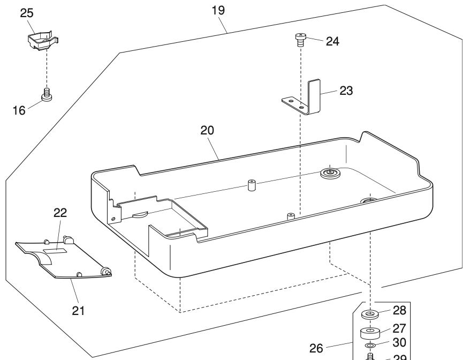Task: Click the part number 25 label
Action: pyautogui.click(x=27, y=13)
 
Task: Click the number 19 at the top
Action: pyautogui.click(x=218, y=10)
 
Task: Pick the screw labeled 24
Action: pyautogui.click(x=300, y=39)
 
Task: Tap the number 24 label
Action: pyautogui.click(x=332, y=41)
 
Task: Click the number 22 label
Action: pyautogui.click(x=60, y=213)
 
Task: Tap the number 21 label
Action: pyautogui.click(x=79, y=310)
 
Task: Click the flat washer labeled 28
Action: pyautogui.click(x=370, y=313)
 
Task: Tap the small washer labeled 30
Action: pyautogui.click(x=370, y=346)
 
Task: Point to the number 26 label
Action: pyautogui.click(x=316, y=348)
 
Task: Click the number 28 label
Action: pyautogui.click(x=399, y=310)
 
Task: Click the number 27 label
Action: pyautogui.click(x=399, y=328)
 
